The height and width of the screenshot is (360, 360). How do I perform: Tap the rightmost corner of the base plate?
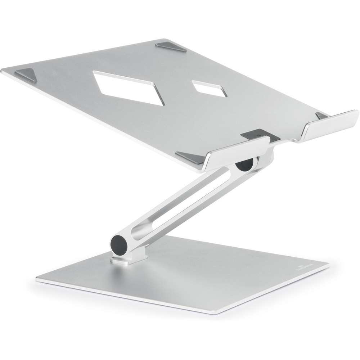click(x=328, y=265)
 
